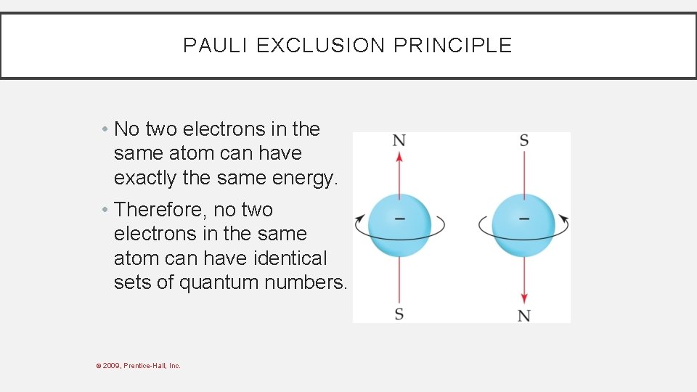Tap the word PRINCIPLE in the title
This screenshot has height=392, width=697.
(x=452, y=46)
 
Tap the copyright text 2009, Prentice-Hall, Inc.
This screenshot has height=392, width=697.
(x=142, y=366)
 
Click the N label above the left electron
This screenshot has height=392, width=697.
(x=399, y=140)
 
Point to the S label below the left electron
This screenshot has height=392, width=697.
(x=399, y=314)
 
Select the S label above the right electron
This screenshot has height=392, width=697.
(x=523, y=140)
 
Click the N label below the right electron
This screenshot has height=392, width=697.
(x=523, y=315)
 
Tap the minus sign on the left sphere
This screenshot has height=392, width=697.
(x=399, y=219)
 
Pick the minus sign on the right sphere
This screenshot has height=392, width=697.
(x=523, y=219)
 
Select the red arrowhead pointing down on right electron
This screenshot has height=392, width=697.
(x=523, y=299)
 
